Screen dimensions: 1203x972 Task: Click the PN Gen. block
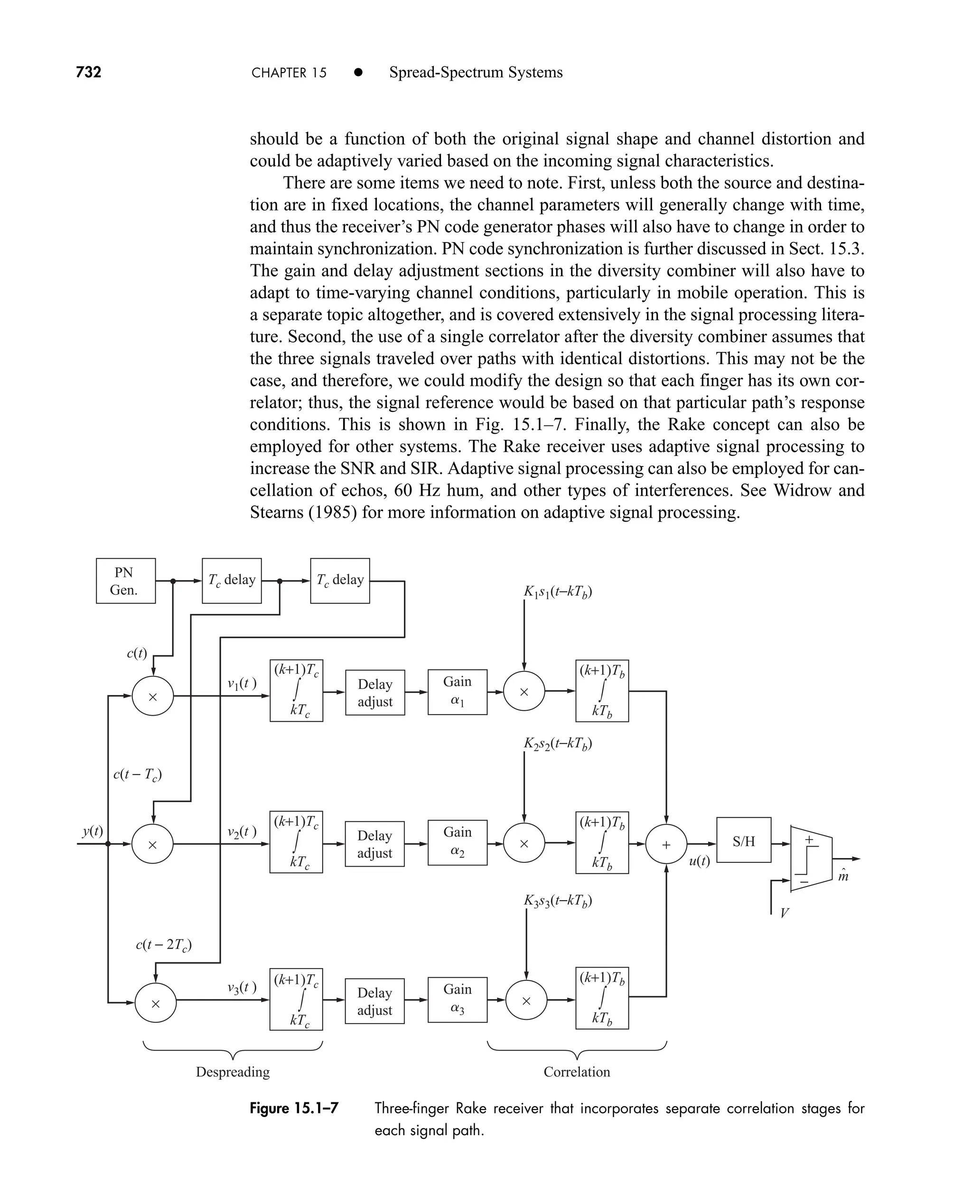[125, 580]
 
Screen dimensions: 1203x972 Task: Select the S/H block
[744, 840]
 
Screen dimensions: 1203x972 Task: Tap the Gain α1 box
[457, 691]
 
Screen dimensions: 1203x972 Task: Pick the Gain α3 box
[457, 1000]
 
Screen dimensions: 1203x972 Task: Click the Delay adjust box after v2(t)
[374, 844]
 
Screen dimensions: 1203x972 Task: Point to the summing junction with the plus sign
[666, 845]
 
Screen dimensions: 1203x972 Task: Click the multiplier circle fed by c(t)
[152, 696]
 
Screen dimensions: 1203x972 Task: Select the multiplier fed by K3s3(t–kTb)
[526, 1000]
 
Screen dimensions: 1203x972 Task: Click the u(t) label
[699, 861]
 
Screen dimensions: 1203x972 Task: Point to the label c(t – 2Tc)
[163, 945]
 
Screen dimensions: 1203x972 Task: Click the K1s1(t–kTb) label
[558, 592]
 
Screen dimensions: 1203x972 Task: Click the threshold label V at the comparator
[785, 913]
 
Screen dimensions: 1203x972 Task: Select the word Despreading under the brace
[233, 1072]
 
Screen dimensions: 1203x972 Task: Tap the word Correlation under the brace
[577, 1072]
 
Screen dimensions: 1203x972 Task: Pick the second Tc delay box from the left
[340, 580]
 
